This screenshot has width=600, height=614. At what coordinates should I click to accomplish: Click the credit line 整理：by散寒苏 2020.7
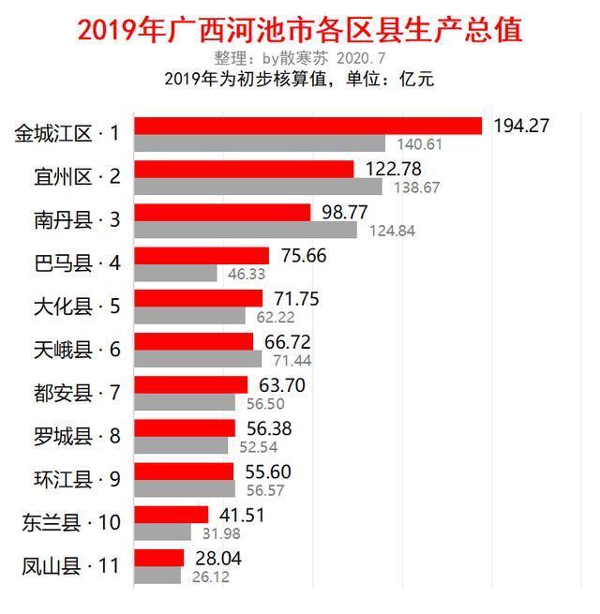tap(299, 58)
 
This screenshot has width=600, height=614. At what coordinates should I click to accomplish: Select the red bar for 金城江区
tap(307, 126)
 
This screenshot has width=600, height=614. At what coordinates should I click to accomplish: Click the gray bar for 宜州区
tap(258, 187)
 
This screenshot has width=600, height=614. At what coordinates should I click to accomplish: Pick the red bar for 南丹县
tap(222, 212)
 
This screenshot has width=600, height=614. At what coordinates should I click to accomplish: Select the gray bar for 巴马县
tap(175, 273)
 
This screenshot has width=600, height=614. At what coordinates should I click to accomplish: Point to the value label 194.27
tap(521, 126)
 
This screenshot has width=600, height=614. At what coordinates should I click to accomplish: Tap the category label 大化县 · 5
tap(76, 307)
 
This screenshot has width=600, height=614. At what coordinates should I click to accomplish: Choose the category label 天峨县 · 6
tap(76, 350)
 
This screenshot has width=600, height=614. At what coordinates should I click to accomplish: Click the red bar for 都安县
tap(191, 384)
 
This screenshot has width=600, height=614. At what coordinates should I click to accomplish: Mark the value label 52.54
tap(259, 446)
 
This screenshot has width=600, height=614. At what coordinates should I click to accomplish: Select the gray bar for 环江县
tap(185, 488)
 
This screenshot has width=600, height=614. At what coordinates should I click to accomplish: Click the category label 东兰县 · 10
tap(71, 522)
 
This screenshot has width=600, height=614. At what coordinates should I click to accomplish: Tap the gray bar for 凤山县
tap(157, 575)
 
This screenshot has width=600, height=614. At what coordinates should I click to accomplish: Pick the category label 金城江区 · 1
tap(67, 134)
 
